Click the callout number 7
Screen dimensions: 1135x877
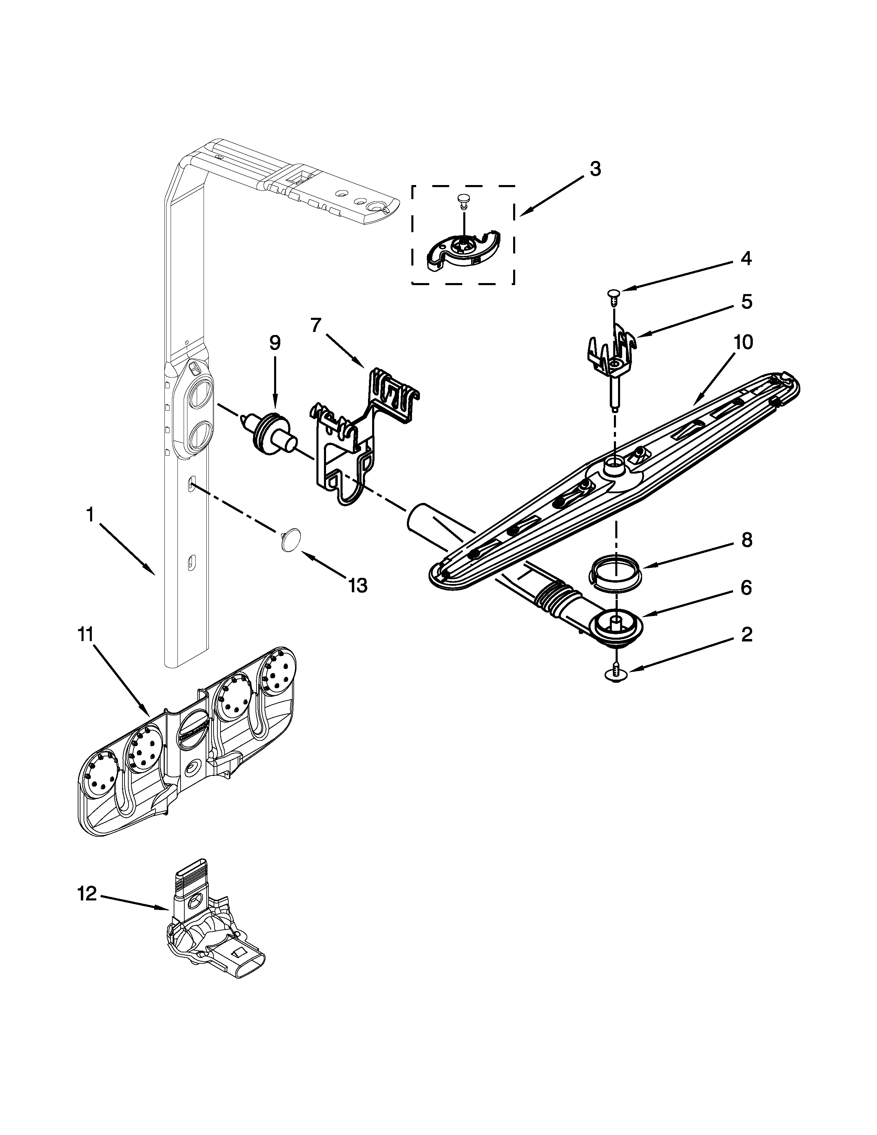coord(316,325)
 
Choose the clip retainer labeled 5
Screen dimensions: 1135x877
coord(613,353)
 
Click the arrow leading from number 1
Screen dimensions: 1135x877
coord(127,550)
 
